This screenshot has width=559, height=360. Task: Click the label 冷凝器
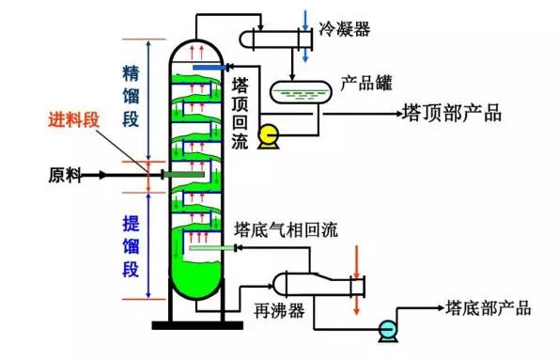point(345,29)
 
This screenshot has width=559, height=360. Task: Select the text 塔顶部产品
point(451,114)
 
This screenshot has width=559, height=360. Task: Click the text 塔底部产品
point(488,307)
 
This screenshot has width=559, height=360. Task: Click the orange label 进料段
point(75,120)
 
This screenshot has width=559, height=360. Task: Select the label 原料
point(64,175)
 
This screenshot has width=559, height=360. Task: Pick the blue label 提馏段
point(132,246)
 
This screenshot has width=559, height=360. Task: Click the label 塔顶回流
point(240,112)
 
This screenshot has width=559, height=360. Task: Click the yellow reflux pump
point(269,136)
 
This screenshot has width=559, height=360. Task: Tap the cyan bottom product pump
point(385,328)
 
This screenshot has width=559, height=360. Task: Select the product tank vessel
point(299,92)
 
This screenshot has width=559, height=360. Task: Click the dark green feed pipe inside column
point(182,174)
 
